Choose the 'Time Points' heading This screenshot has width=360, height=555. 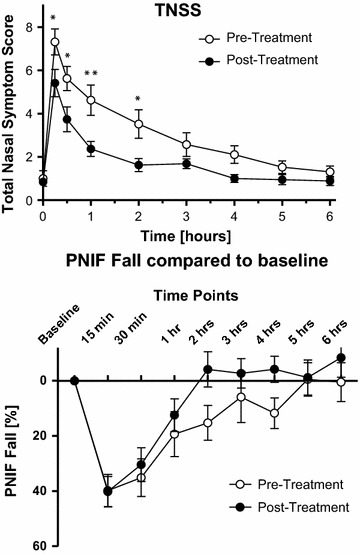tap(195, 296)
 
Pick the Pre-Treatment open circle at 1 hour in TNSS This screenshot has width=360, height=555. tap(90, 100)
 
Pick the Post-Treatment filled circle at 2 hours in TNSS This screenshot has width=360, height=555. tap(138, 165)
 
